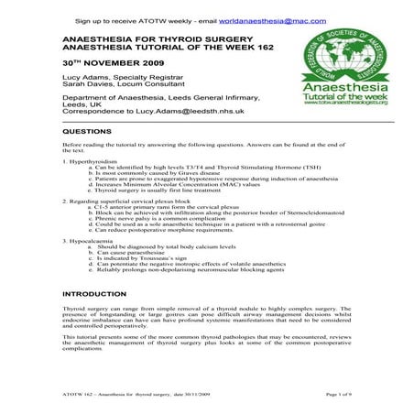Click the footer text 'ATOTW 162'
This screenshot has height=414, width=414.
point(75,393)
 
